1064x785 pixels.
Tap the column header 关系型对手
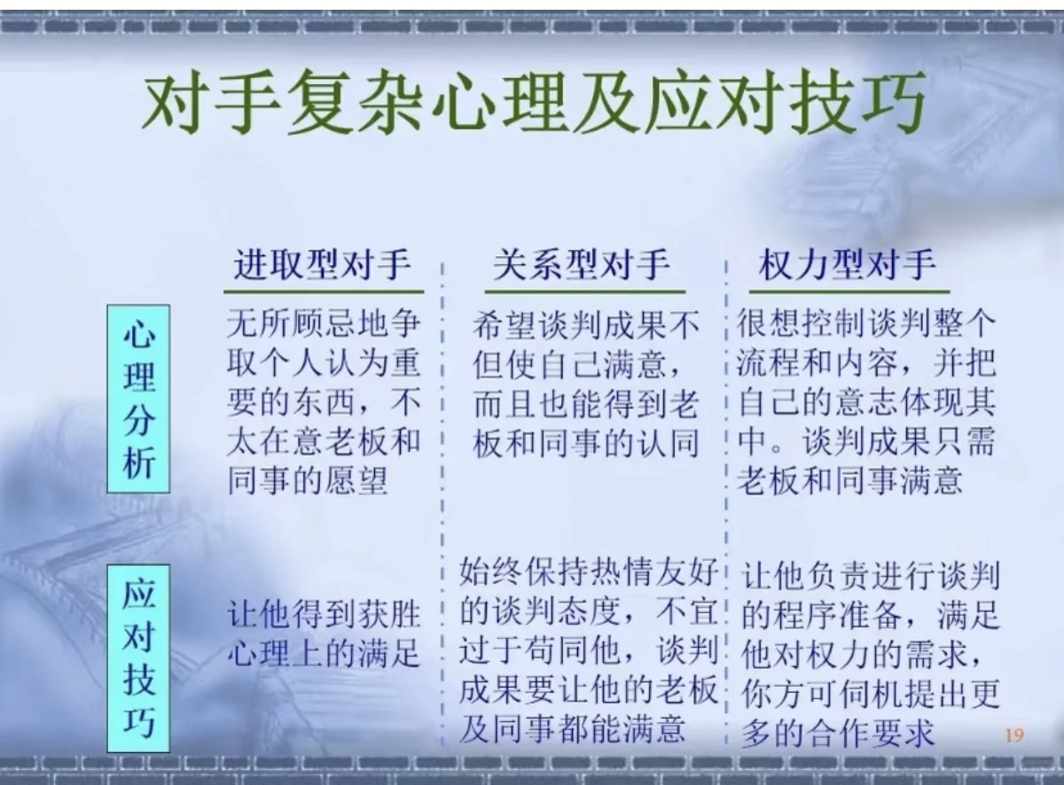click(x=582, y=265)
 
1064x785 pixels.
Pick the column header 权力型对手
click(x=847, y=265)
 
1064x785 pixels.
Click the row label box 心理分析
click(x=138, y=399)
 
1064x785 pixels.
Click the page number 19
click(x=1014, y=734)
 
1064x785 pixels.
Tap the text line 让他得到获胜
click(x=324, y=614)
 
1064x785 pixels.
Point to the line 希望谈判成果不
click(x=586, y=326)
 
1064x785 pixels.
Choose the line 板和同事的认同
click(x=586, y=442)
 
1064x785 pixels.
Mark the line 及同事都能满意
click(x=572, y=728)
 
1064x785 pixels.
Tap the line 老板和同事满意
click(x=849, y=479)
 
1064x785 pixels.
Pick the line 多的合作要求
click(x=838, y=733)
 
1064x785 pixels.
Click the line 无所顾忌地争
click(x=324, y=324)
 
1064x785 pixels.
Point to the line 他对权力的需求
click(x=861, y=655)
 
